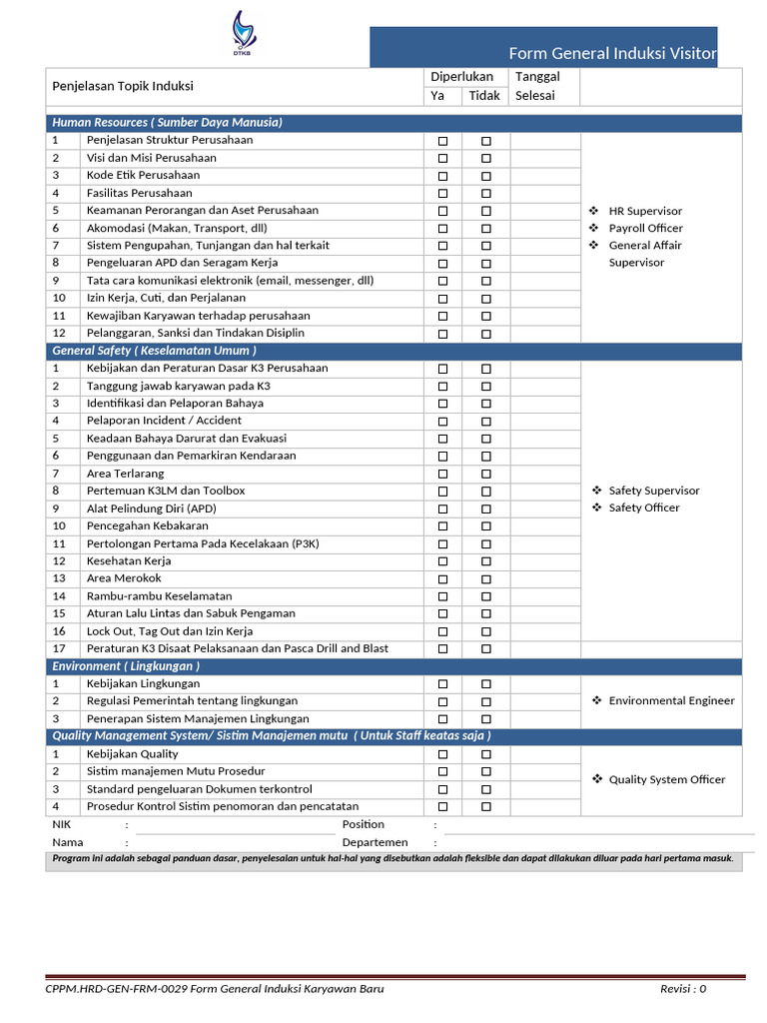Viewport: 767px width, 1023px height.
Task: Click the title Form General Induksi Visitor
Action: tap(612, 53)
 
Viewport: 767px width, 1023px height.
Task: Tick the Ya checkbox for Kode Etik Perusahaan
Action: tap(442, 176)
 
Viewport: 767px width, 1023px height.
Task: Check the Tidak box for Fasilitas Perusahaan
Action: tap(486, 194)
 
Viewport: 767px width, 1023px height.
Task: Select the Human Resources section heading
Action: tap(167, 123)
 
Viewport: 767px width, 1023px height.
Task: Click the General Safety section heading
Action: tap(154, 351)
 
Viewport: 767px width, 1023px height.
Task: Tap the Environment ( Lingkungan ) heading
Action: tap(126, 666)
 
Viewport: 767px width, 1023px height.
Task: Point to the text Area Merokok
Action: tap(124, 578)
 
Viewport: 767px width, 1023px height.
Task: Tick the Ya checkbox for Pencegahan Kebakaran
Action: tap(442, 526)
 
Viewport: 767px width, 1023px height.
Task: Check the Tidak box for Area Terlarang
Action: tap(486, 474)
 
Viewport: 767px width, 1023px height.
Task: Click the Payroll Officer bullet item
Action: tap(645, 229)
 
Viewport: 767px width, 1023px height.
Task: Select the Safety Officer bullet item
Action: tap(643, 508)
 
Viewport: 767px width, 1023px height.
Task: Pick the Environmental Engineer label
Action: tap(671, 701)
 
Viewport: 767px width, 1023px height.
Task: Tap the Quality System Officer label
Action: tap(667, 779)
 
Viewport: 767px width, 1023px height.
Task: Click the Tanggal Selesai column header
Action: tap(536, 86)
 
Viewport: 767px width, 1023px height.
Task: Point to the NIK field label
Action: tap(61, 825)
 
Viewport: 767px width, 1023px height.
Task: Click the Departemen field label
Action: tap(375, 843)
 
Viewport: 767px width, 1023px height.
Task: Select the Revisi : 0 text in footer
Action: tap(683, 989)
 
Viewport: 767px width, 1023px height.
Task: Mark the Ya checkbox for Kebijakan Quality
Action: tap(442, 754)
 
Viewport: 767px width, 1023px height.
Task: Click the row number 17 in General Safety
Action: tap(59, 648)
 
